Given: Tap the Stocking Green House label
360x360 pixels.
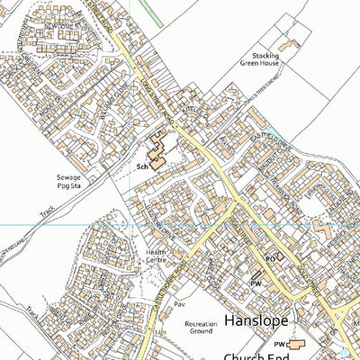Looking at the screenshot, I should pos(261,59).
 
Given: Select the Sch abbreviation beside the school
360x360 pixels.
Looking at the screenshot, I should pos(141,167).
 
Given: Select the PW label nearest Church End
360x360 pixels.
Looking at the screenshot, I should pos(279,345).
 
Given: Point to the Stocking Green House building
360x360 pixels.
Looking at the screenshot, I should pos(288,45).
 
